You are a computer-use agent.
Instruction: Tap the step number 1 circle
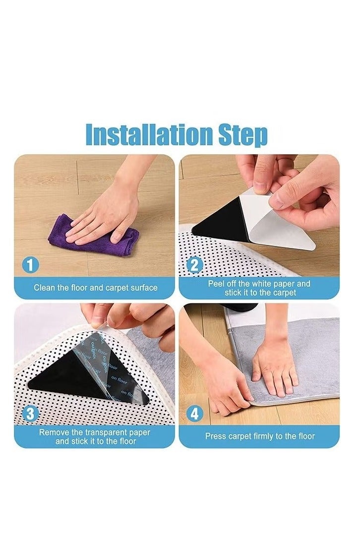[30, 265]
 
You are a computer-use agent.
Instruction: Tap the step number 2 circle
[195, 265]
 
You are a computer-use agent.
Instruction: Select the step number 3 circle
[30, 414]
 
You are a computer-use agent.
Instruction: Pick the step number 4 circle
[195, 414]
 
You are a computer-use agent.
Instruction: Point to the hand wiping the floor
[107, 213]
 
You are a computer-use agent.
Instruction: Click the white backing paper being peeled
[278, 223]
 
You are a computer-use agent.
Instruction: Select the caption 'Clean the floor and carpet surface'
[96, 288]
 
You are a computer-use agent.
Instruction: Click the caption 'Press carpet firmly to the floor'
[260, 436]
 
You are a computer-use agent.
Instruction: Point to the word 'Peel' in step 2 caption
[216, 284]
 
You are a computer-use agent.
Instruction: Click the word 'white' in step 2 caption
[264, 284]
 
